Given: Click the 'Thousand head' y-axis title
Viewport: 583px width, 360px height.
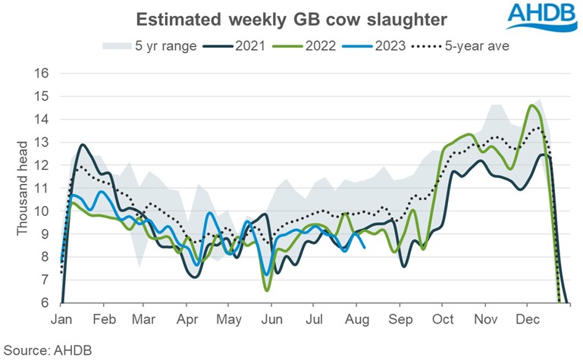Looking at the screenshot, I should [23, 188].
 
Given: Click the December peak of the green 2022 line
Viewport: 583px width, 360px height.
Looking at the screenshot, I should [531, 106].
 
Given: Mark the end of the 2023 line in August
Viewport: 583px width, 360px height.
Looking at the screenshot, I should [365, 247].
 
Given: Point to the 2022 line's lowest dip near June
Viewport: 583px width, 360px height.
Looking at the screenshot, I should [267, 290].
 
